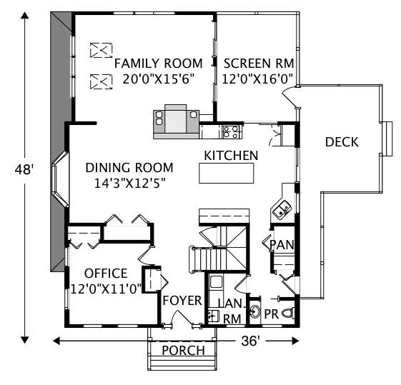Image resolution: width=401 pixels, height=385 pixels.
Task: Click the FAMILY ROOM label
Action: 159,63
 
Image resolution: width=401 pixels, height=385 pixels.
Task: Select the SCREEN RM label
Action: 257,63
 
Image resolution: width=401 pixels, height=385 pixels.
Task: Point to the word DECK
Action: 342,141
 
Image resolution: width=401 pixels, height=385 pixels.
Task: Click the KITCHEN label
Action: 231,155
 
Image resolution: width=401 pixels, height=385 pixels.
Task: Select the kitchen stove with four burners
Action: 231,131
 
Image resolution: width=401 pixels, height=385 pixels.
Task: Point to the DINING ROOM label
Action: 129,168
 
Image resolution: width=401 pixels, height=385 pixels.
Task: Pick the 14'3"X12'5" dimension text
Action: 129,184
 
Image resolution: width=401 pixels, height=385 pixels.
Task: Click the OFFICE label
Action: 106,274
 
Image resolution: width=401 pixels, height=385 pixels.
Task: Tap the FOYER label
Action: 182,300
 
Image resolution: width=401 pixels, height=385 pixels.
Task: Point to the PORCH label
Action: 183,350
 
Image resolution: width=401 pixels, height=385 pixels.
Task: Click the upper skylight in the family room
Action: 102,50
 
